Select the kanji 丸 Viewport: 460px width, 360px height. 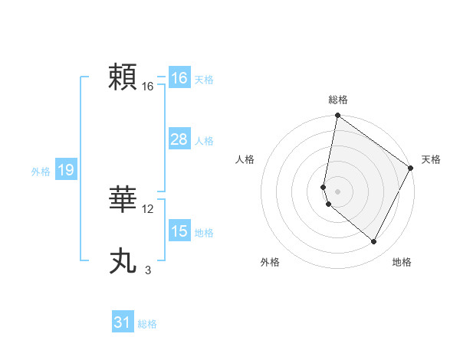pyautogui.click(x=124, y=261)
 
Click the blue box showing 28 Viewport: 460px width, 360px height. pyautogui.click(x=179, y=139)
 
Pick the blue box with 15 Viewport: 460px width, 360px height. pyautogui.click(x=179, y=231)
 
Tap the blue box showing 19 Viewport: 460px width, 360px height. pyautogui.click(x=65, y=170)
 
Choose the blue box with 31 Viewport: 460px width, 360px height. pyautogui.click(x=123, y=322)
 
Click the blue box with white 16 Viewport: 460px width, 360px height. pyautogui.click(x=179, y=78)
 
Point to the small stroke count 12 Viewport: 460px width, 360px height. pyautogui.click(x=148, y=209)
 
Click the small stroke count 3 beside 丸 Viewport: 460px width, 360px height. pyautogui.click(x=148, y=270)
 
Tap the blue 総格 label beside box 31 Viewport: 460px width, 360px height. pyautogui.click(x=147, y=324)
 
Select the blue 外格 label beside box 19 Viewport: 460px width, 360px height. pyautogui.click(x=41, y=172)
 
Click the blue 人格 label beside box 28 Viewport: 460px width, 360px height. pyautogui.click(x=204, y=141)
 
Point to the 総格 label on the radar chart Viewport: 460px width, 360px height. pyautogui.click(x=338, y=100)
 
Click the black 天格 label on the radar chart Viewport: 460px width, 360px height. pyautogui.click(x=431, y=159)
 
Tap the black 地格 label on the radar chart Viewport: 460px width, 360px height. pyautogui.click(x=402, y=262)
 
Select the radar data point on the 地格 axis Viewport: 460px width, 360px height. pyautogui.click(x=374, y=242)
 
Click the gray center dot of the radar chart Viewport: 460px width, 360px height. pyautogui.click(x=337, y=191)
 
